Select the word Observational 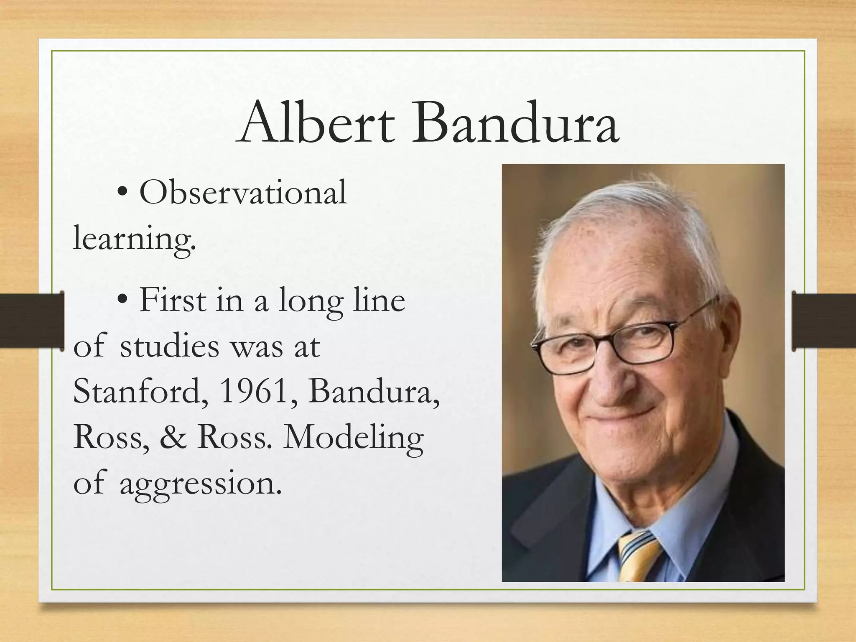click(242, 193)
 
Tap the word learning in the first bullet click(134, 239)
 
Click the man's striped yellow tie click(637, 556)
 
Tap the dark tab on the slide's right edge click(823, 321)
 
